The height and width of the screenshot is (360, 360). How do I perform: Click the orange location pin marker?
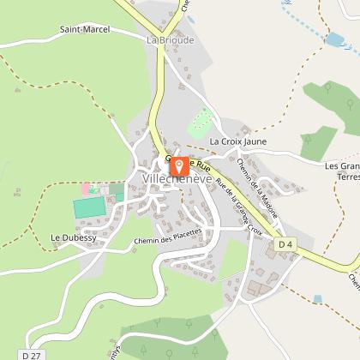point(179,165)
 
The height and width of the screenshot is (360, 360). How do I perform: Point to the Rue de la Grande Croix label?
point(239,207)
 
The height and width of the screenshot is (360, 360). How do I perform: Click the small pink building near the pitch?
point(86,189)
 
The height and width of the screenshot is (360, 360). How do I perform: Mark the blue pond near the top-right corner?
point(337,39)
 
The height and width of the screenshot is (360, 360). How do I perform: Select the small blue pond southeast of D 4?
point(318,298)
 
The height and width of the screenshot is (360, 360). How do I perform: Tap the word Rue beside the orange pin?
point(202,163)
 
